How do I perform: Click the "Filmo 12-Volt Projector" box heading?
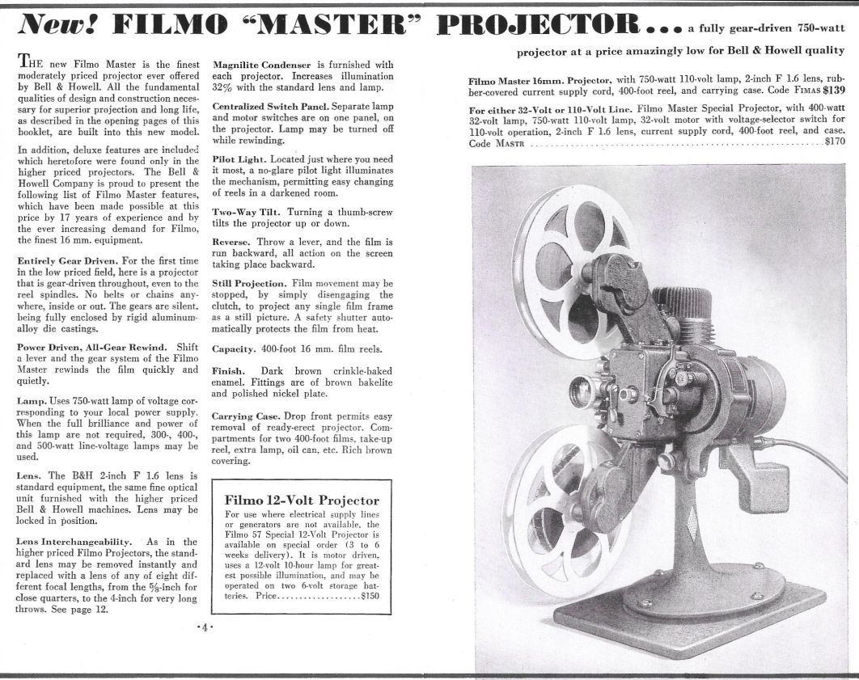click(295, 501)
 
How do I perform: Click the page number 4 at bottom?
click(205, 627)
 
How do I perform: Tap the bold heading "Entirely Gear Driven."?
click(66, 261)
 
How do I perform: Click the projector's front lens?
click(579, 391)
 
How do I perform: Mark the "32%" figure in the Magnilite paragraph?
click(225, 87)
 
